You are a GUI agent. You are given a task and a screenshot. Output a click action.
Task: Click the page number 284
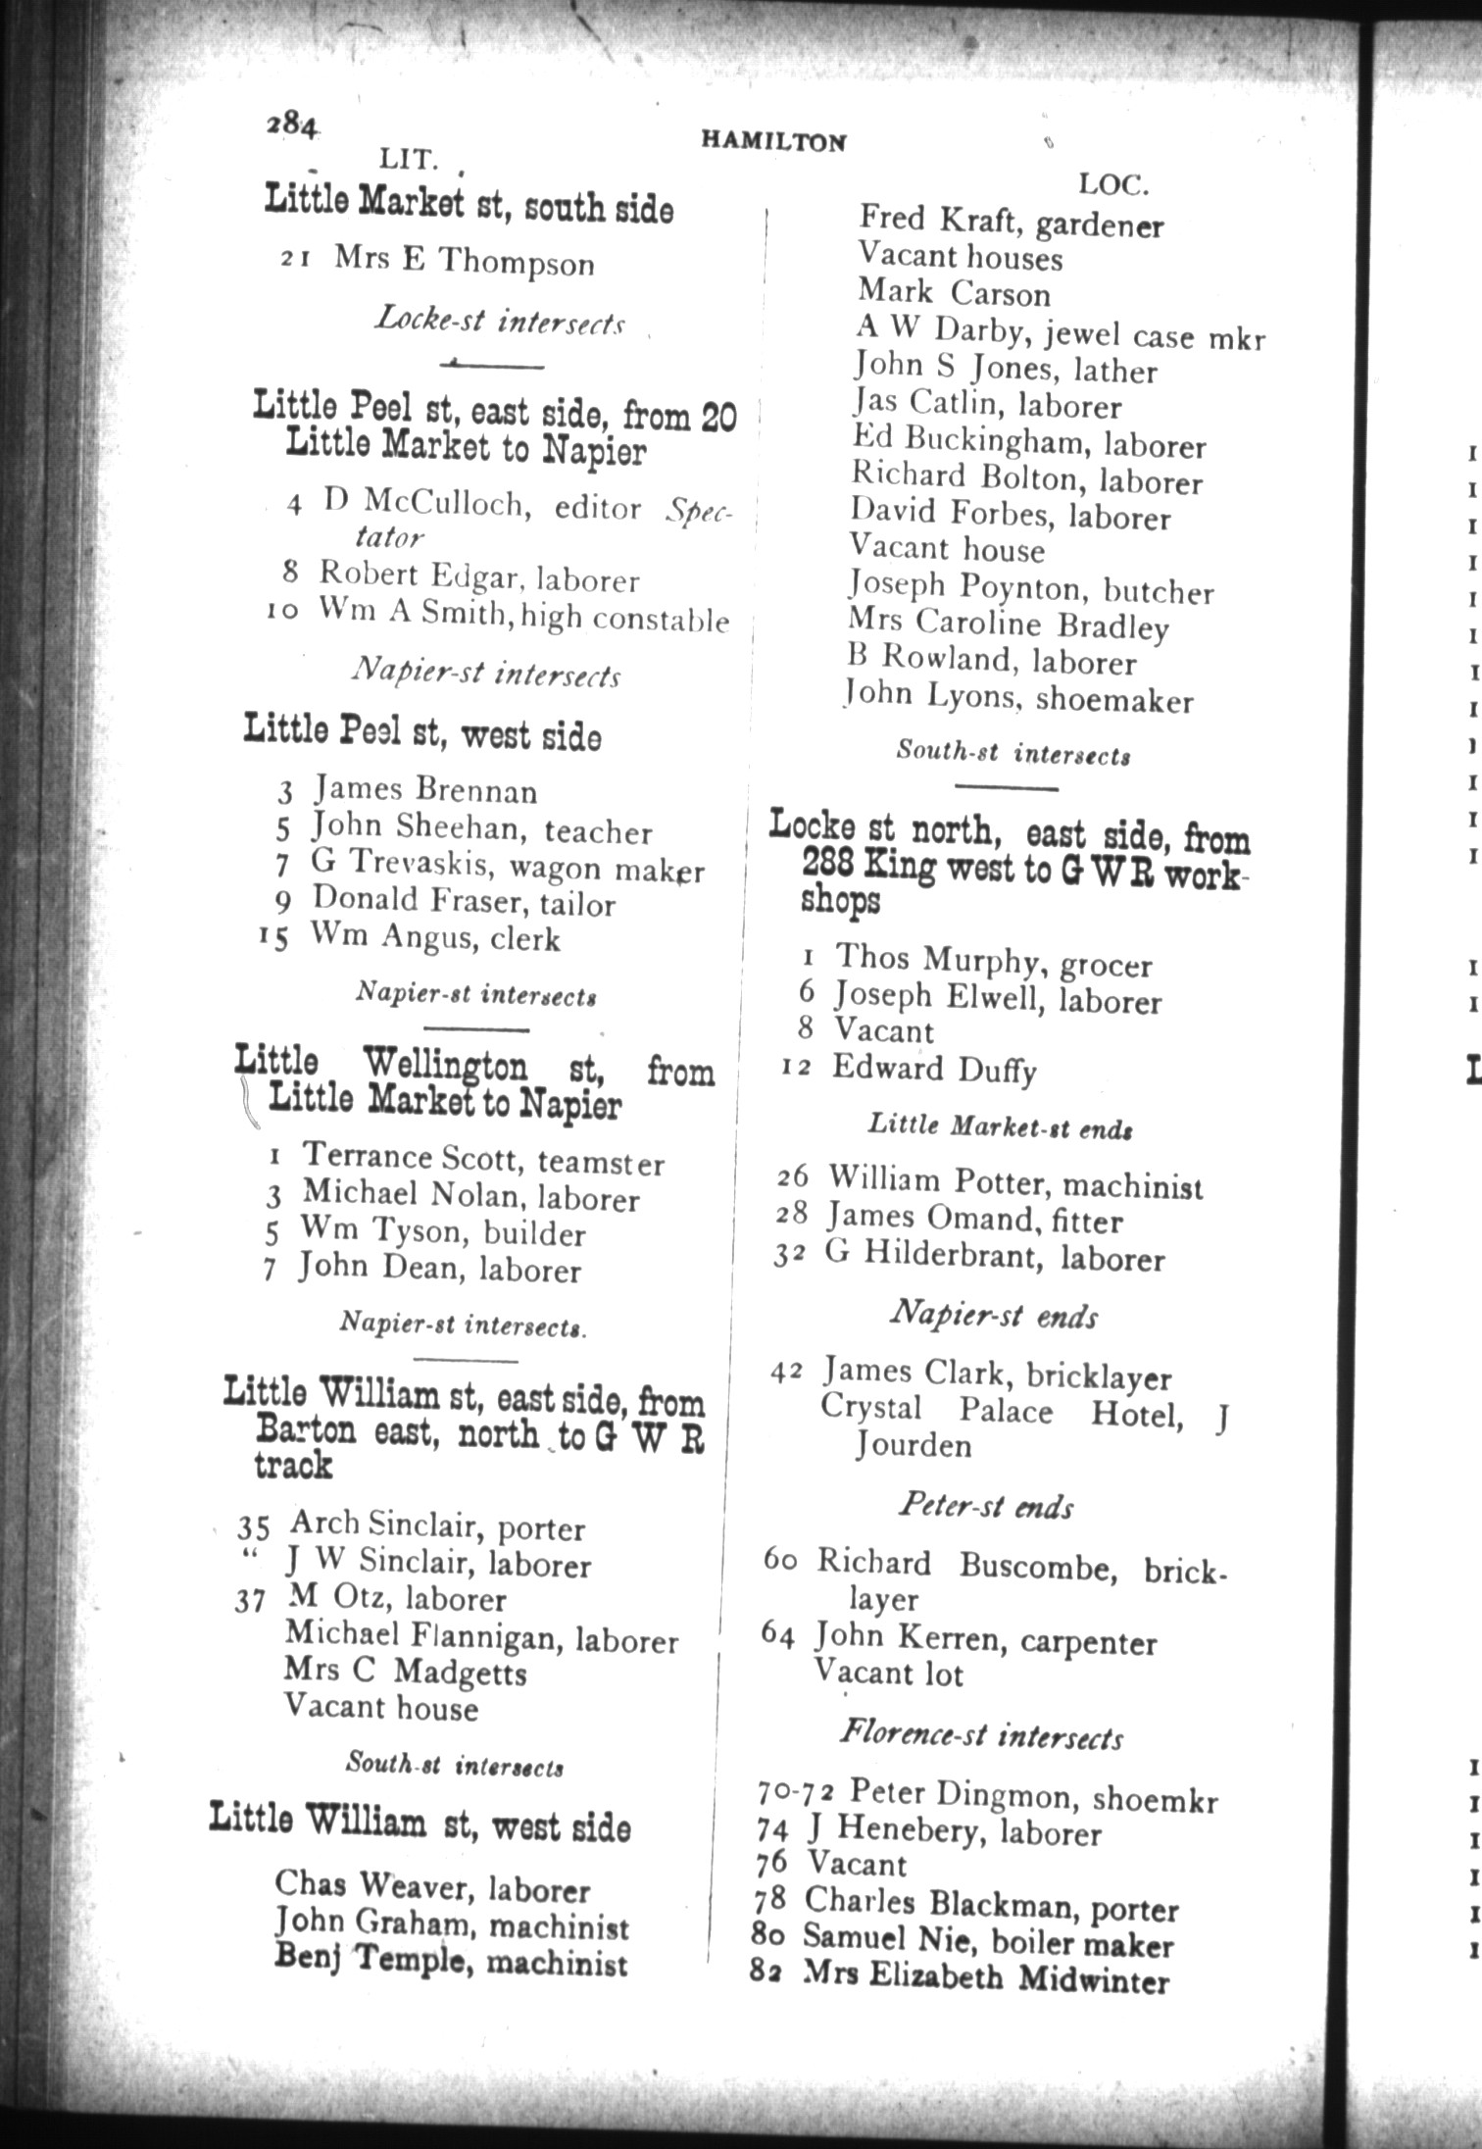pyautogui.click(x=291, y=125)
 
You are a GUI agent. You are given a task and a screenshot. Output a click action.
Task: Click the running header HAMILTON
pyautogui.click(x=773, y=141)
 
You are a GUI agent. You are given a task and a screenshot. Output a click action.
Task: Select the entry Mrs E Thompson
pyautogui.click(x=463, y=261)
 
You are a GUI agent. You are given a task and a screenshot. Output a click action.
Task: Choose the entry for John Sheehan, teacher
pyautogui.click(x=480, y=829)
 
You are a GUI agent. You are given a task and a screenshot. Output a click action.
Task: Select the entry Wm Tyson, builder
pyautogui.click(x=442, y=1231)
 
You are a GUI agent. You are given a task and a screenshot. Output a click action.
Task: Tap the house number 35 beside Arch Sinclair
pyautogui.click(x=253, y=1527)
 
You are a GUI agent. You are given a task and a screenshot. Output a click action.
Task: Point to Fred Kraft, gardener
pyautogui.click(x=1011, y=222)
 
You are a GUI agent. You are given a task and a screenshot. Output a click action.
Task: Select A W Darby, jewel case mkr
pyautogui.click(x=1060, y=333)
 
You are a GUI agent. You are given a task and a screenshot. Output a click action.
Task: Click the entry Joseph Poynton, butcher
pyautogui.click(x=1030, y=588)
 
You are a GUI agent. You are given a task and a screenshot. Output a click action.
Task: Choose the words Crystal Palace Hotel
pyautogui.click(x=1001, y=1411)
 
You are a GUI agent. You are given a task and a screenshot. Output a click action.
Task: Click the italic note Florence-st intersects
pyautogui.click(x=981, y=1735)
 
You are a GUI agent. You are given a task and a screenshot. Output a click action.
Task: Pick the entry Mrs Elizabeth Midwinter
pyautogui.click(x=985, y=1976)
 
